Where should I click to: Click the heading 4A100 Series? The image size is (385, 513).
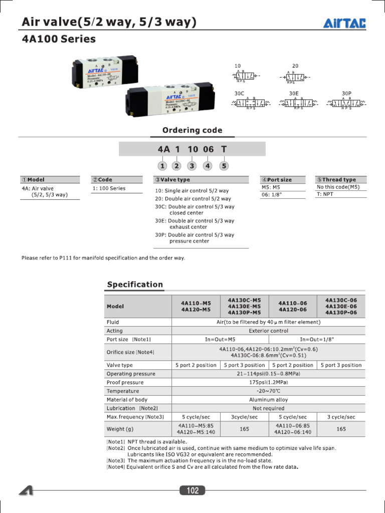coord(59,39)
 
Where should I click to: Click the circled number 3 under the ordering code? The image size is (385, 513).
coord(192,166)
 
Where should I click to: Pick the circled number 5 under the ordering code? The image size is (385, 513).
coord(224,166)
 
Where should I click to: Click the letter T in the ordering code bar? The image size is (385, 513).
coord(224,149)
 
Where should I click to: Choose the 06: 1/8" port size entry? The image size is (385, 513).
coord(272,195)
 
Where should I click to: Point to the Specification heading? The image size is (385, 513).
coord(135,285)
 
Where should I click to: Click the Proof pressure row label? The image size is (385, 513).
coord(125,382)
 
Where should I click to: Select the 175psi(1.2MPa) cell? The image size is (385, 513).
coord(268,382)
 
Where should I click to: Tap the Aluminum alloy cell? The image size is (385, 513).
coord(268,400)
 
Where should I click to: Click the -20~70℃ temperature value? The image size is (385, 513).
coord(268,391)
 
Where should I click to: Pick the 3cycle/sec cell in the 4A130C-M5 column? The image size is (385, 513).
coord(244,417)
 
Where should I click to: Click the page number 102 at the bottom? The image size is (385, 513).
coord(192,490)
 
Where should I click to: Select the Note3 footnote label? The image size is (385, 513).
coord(116,460)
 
